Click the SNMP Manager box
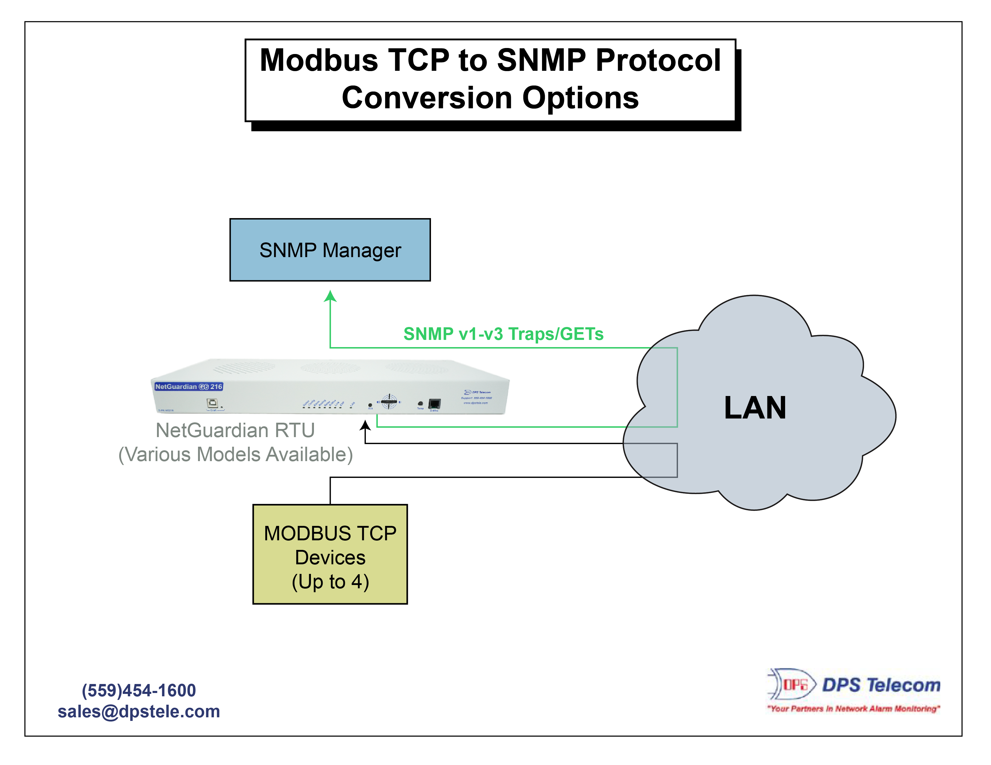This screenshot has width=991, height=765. (x=330, y=250)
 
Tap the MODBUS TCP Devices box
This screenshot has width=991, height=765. (x=330, y=554)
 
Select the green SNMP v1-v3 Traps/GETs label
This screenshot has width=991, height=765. (x=503, y=334)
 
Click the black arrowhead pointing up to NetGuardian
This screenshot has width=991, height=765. (x=365, y=425)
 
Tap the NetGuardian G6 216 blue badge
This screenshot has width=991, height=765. (x=188, y=386)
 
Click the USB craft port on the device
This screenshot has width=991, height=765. (x=212, y=403)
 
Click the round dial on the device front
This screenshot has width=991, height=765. (x=389, y=401)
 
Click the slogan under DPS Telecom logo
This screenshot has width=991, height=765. (x=853, y=708)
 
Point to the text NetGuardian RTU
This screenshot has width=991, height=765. (x=235, y=430)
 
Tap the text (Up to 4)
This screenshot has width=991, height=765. (x=330, y=581)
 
